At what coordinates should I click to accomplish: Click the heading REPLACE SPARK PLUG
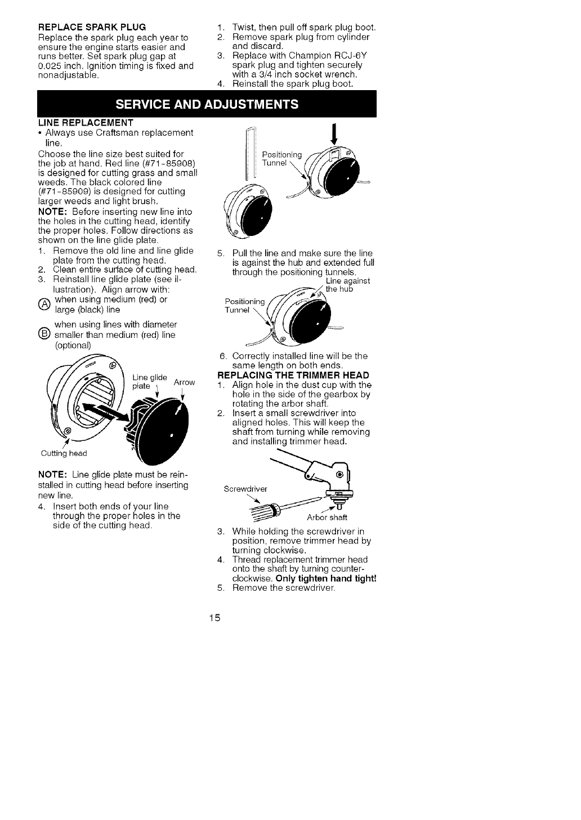[92, 27]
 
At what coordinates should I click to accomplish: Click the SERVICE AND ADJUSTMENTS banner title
[207, 104]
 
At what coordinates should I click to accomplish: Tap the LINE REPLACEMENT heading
[86, 122]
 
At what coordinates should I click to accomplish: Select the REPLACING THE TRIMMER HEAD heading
[293, 375]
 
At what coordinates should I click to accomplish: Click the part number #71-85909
[64, 191]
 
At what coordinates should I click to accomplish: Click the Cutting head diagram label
[64, 453]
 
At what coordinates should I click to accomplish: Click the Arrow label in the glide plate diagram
[184, 383]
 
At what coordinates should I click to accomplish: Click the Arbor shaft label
[327, 518]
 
